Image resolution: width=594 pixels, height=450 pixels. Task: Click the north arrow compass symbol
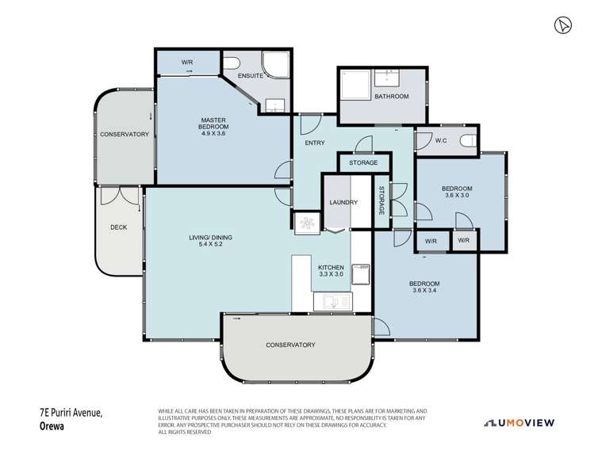tap(563, 25)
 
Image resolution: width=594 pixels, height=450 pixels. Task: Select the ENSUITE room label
tap(251, 76)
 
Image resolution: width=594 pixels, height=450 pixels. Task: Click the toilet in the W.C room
tap(469, 141)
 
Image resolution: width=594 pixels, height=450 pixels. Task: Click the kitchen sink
tap(332, 302)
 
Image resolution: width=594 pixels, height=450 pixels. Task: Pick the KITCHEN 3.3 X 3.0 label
tap(331, 271)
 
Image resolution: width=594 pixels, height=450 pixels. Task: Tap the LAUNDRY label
tap(343, 203)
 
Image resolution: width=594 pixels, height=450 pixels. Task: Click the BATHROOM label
tap(392, 97)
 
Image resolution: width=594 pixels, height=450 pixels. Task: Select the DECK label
tap(119, 227)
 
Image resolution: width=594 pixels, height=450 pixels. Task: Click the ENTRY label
tap(315, 143)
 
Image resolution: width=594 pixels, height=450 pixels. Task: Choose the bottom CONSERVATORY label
tap(290, 345)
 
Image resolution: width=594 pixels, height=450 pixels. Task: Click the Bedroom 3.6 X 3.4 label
tap(424, 287)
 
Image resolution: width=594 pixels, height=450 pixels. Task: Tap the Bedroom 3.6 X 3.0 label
tap(457, 192)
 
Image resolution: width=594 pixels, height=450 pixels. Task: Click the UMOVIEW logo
tap(519, 423)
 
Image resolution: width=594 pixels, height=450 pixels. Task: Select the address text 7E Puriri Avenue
tap(71, 413)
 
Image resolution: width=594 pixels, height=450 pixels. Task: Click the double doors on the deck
tap(121, 196)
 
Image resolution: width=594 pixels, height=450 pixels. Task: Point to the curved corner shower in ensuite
tap(276, 64)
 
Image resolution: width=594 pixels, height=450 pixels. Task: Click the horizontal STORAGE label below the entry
tap(363, 162)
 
